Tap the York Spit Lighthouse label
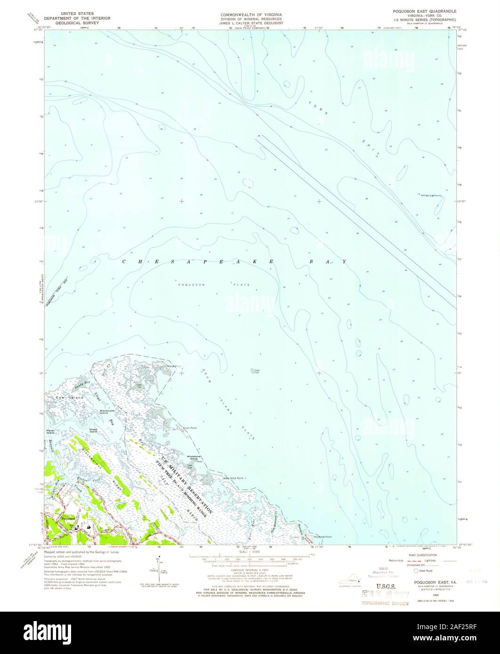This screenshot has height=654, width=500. (428, 195)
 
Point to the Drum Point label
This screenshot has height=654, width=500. (189, 429)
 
